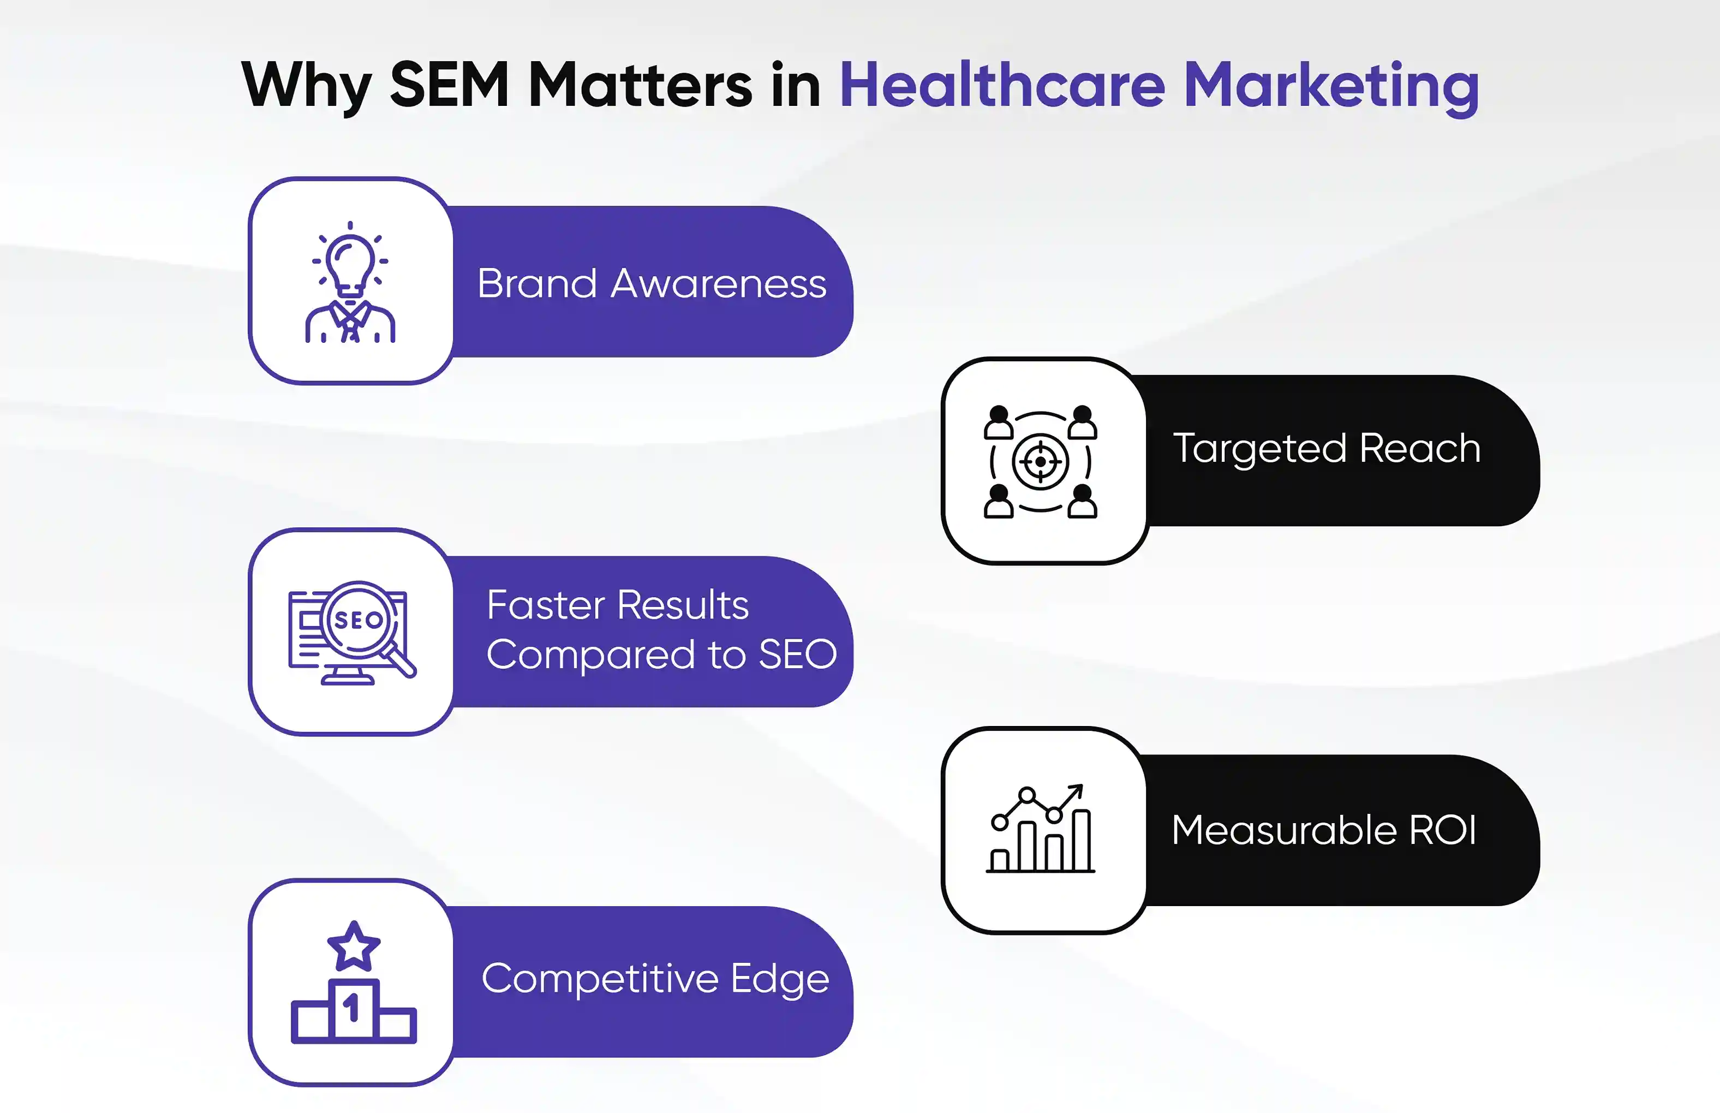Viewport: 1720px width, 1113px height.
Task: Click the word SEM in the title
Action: point(449,85)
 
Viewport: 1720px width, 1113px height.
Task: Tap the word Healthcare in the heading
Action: point(1002,85)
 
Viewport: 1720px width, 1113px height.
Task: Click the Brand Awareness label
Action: point(652,283)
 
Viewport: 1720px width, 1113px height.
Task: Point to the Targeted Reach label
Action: point(1327,449)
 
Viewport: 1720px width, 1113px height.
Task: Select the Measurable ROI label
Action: point(1323,829)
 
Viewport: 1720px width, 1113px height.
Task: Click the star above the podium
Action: point(353,946)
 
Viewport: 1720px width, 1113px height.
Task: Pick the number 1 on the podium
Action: point(352,1008)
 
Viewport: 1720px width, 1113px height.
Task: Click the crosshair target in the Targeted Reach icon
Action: point(1040,462)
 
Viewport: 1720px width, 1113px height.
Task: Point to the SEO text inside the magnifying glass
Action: point(359,620)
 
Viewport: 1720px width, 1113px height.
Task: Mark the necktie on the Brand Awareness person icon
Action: point(351,323)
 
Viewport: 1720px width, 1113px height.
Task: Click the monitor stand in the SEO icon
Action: point(348,676)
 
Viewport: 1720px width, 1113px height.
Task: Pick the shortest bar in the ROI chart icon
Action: point(1000,861)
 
